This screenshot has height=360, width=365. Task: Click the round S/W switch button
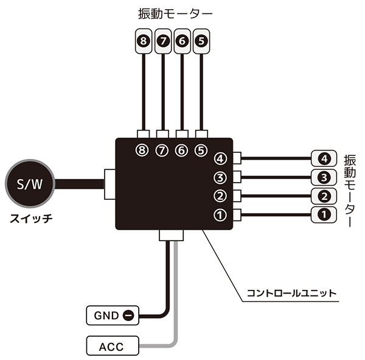coord(30,183)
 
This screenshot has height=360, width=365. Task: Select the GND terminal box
coord(112,316)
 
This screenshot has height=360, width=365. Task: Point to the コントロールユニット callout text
coord(290,293)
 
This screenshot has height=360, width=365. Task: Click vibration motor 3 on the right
coord(324,177)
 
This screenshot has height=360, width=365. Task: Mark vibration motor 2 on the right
coord(324,196)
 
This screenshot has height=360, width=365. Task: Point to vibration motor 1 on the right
coord(324,214)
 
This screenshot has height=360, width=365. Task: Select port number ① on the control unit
coord(220,214)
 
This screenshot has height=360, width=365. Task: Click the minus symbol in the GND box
coord(128,316)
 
